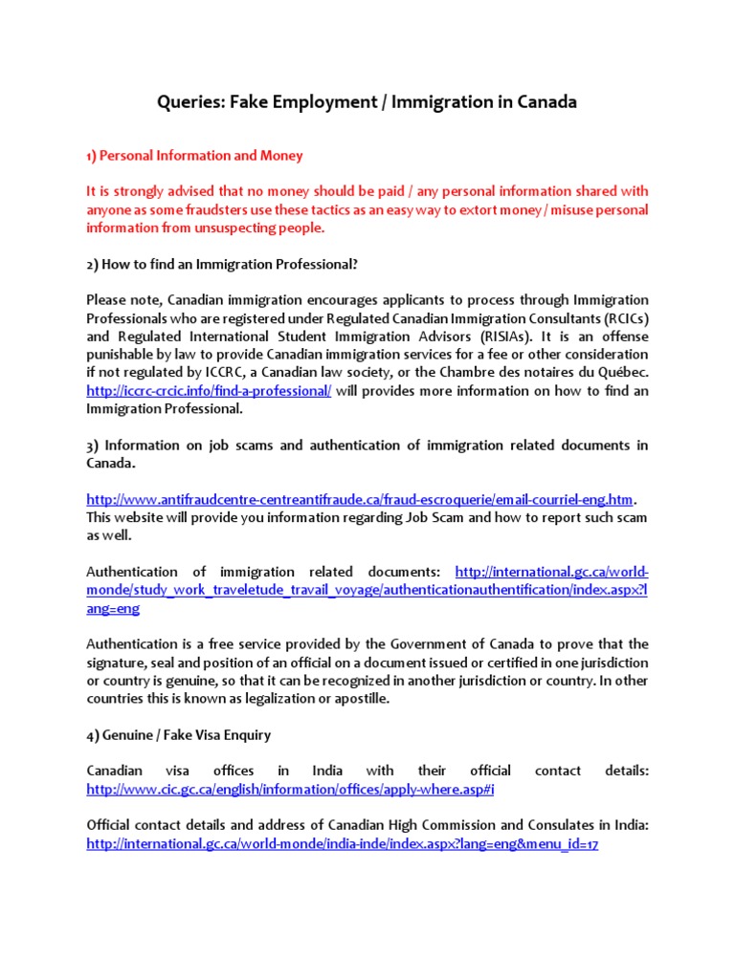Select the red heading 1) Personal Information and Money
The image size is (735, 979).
click(x=194, y=155)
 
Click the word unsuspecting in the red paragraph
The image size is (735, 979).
click(x=220, y=228)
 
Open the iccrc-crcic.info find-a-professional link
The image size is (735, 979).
click(x=209, y=391)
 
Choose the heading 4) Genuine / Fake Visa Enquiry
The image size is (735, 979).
click(x=178, y=734)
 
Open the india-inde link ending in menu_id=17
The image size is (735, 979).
click(x=342, y=844)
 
